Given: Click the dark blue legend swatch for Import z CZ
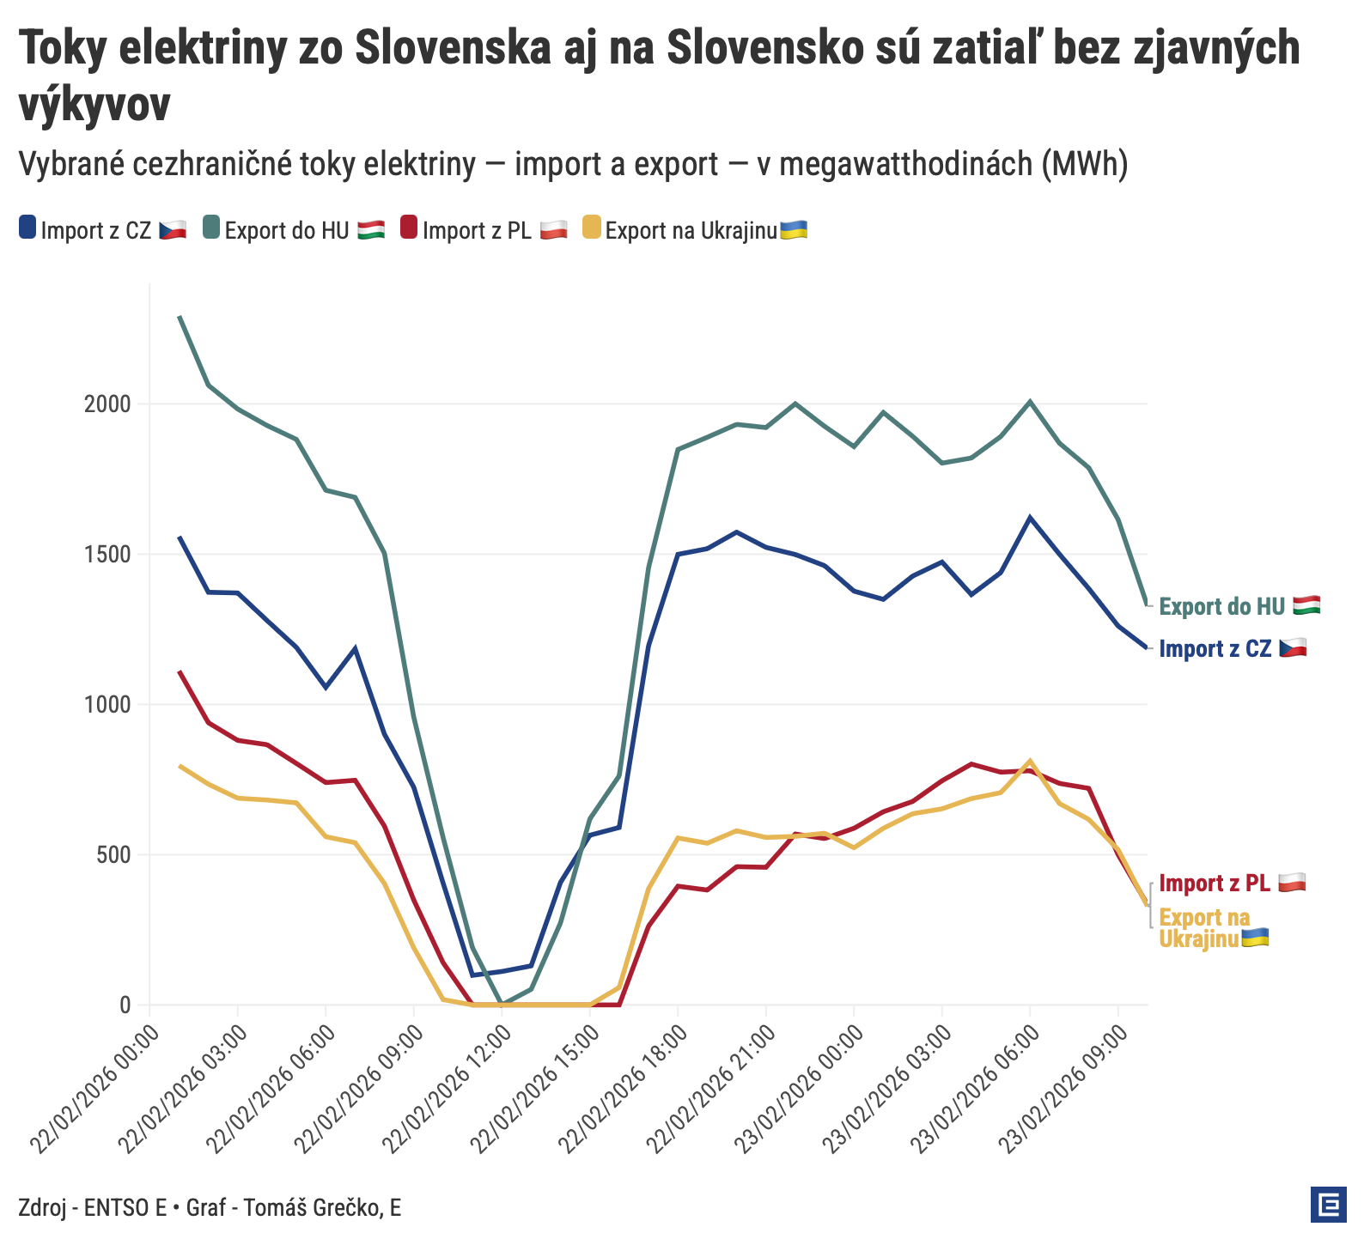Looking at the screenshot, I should tap(27, 228).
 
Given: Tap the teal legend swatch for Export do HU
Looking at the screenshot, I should tap(211, 228).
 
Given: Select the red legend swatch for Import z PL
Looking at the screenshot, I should tap(409, 228).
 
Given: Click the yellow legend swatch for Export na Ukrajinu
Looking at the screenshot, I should tap(592, 228).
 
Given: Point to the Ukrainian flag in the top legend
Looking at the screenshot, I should tap(793, 229).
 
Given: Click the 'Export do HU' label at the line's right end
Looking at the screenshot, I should tap(1221, 606).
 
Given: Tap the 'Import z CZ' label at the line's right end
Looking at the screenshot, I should tap(1215, 648).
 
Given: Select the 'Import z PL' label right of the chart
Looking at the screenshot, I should tap(1215, 883).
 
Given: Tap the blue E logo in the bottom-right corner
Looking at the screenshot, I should tap(1328, 1205).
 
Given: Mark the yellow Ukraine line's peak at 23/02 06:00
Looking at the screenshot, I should tap(1030, 761).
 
